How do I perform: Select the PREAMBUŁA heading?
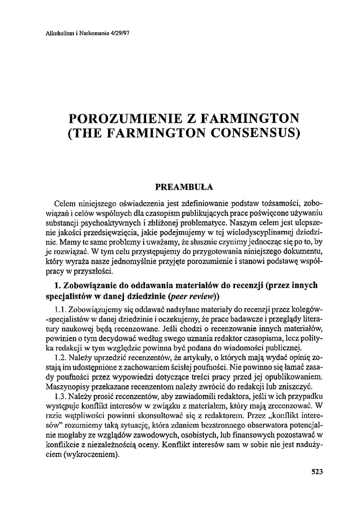(x=184, y=187)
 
